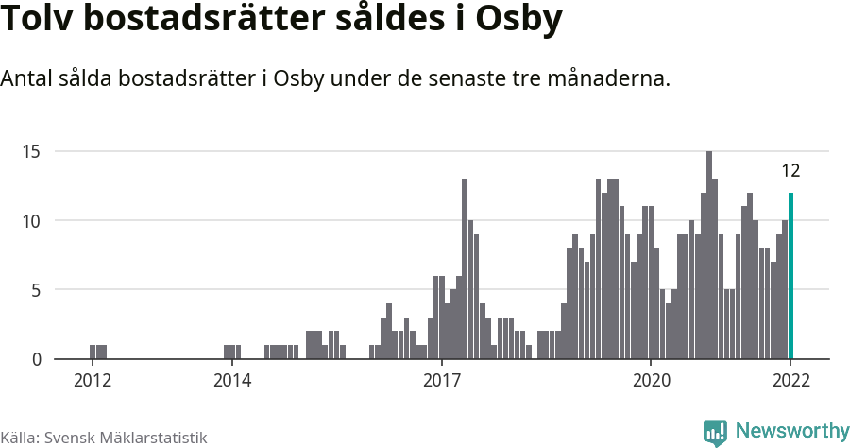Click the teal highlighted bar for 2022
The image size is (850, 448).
pos(790,276)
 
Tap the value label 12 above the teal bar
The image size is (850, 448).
pos(790,171)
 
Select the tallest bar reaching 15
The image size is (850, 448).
pos(709,255)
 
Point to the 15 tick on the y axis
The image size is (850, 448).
pos(33,151)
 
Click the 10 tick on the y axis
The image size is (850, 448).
pos(33,221)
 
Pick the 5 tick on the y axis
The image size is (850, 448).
pos(37,290)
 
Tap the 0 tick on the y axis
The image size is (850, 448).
pos(37,359)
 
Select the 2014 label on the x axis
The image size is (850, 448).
pos(231,381)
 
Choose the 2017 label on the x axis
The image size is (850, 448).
pos(441,381)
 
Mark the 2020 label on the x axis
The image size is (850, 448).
pos(651,381)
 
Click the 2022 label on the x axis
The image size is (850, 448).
pos(790,381)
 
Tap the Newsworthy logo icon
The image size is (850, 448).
pos(715,432)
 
